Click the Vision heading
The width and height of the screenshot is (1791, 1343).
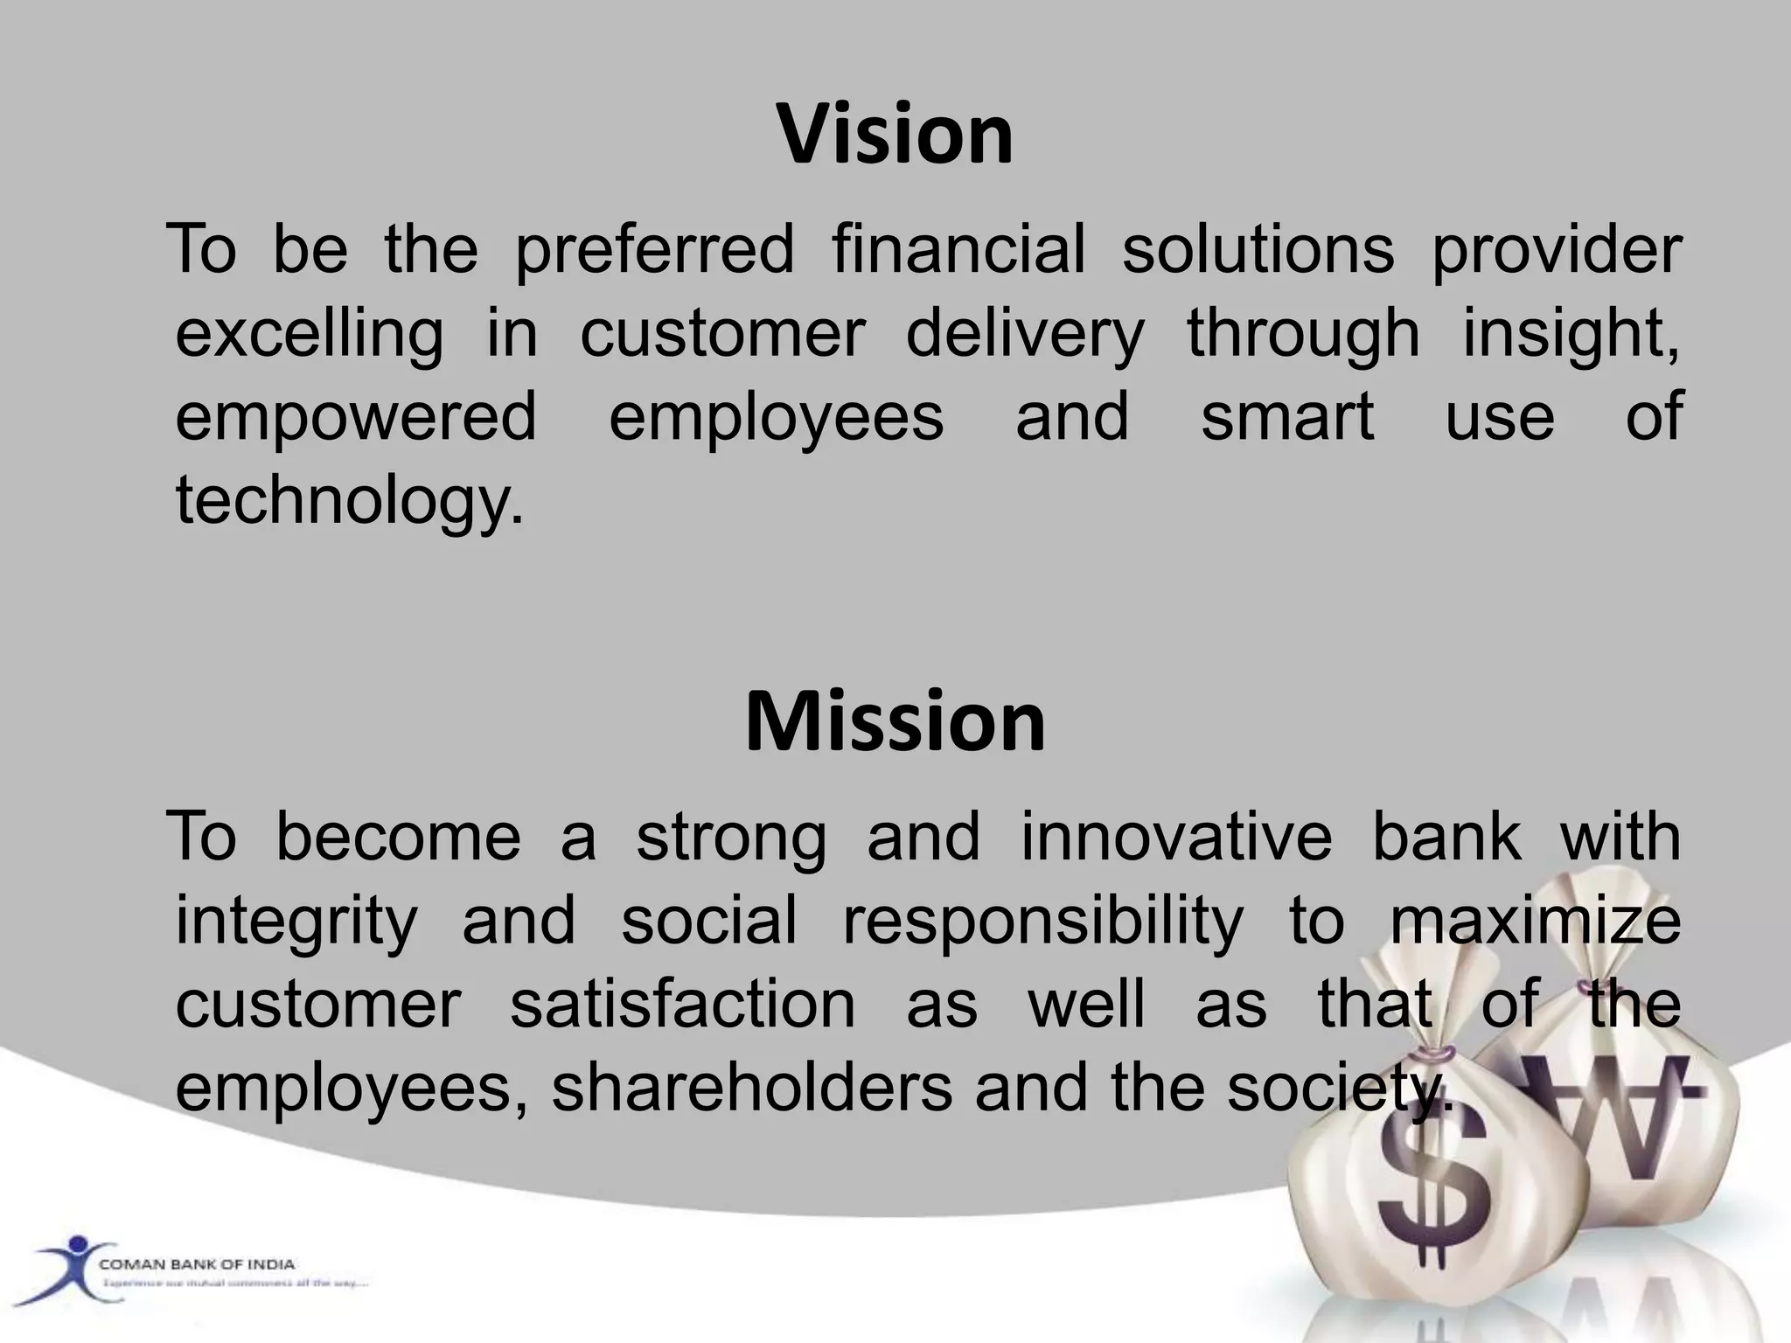point(895,135)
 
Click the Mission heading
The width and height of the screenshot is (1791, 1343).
point(895,722)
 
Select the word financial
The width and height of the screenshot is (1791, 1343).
point(958,248)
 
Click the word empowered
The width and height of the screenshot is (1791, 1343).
point(356,419)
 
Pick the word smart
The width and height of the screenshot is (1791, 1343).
point(1286,417)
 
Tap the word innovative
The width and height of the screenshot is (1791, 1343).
point(1175,837)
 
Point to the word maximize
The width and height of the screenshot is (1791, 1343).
point(1535,921)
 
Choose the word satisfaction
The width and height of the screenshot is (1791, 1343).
point(682,1004)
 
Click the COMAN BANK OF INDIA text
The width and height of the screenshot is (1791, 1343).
point(197,1264)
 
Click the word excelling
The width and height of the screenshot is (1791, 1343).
point(309,335)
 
